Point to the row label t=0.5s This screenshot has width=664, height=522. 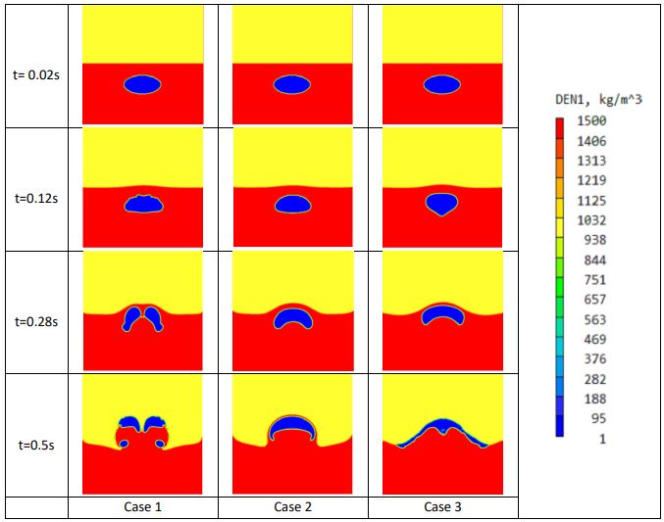coord(34,445)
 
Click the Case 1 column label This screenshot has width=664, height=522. coord(142,508)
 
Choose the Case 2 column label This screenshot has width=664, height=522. coord(292,508)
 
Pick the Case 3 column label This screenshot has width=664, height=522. coord(442,508)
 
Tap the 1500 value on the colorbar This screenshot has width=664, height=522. coord(593,121)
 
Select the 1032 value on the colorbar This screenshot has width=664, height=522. coord(593,220)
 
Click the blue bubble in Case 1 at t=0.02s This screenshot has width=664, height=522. coord(142,85)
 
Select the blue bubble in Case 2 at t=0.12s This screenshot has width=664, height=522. coord(292,205)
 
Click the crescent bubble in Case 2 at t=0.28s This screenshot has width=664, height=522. coord(292,316)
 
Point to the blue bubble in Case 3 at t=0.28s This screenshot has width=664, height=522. coord(442,311)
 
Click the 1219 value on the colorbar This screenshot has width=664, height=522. coord(593,181)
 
